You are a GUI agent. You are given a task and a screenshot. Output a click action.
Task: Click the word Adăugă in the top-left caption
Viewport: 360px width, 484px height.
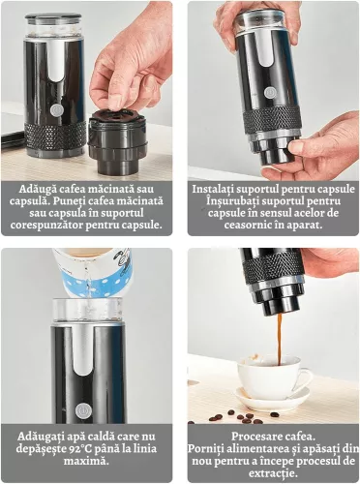(x=40, y=188)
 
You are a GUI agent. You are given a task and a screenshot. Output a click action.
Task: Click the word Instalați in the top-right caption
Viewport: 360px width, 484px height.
(x=219, y=188)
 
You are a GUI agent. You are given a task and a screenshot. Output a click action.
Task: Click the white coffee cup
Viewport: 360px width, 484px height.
(x=272, y=377)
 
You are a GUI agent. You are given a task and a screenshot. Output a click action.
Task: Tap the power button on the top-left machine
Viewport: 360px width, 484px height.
(x=56, y=109)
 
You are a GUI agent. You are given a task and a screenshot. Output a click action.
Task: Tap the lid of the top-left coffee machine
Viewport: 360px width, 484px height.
(x=54, y=19)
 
